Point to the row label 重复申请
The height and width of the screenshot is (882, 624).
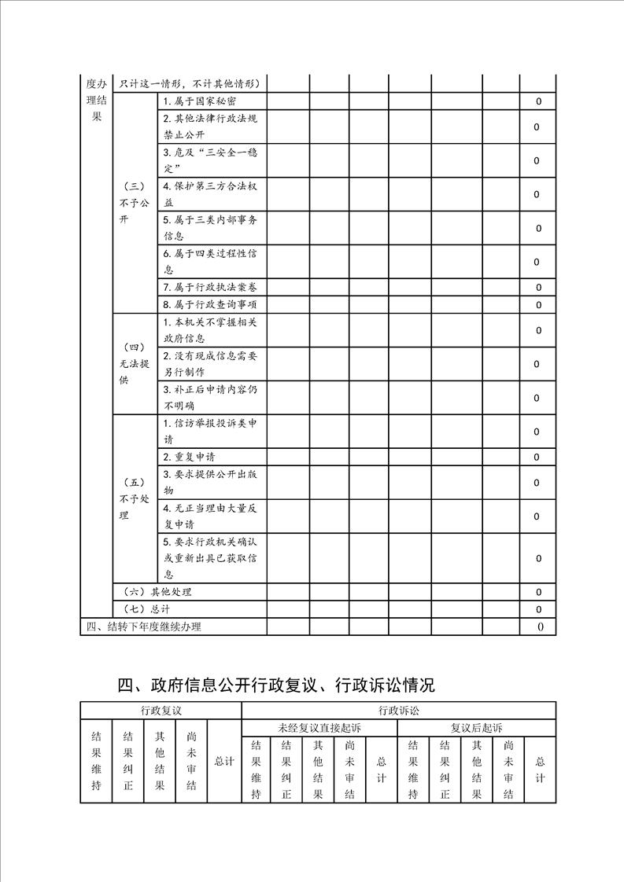coord(190,457)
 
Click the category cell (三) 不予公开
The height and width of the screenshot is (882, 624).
coord(134,203)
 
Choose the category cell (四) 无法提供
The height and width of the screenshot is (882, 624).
coord(134,363)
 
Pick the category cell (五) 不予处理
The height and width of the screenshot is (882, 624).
coord(134,498)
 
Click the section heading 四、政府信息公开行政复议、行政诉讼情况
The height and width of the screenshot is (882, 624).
coord(276,685)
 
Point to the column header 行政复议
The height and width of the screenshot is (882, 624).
coord(161,710)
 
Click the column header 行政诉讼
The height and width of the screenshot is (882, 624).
coord(398,710)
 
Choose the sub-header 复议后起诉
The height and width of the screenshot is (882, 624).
coord(477,727)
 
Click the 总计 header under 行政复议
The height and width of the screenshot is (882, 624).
coord(223,762)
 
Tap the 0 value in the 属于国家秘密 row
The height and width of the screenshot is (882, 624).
coord(538,101)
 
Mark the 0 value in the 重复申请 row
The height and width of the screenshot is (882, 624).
coord(538,457)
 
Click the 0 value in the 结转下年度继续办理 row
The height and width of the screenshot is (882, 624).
coord(539,627)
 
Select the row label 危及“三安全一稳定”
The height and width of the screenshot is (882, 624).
coord(210,160)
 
